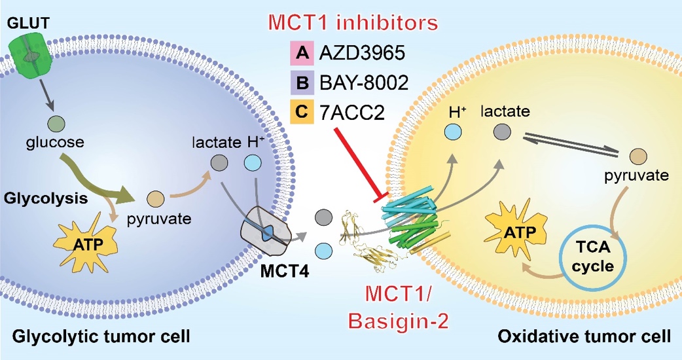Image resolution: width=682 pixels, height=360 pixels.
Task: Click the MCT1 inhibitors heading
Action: (353, 23)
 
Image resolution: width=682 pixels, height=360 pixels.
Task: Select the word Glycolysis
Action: (45, 197)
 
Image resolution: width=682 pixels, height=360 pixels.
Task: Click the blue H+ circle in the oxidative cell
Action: (451, 132)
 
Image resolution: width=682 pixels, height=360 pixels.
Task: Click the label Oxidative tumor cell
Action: (584, 338)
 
